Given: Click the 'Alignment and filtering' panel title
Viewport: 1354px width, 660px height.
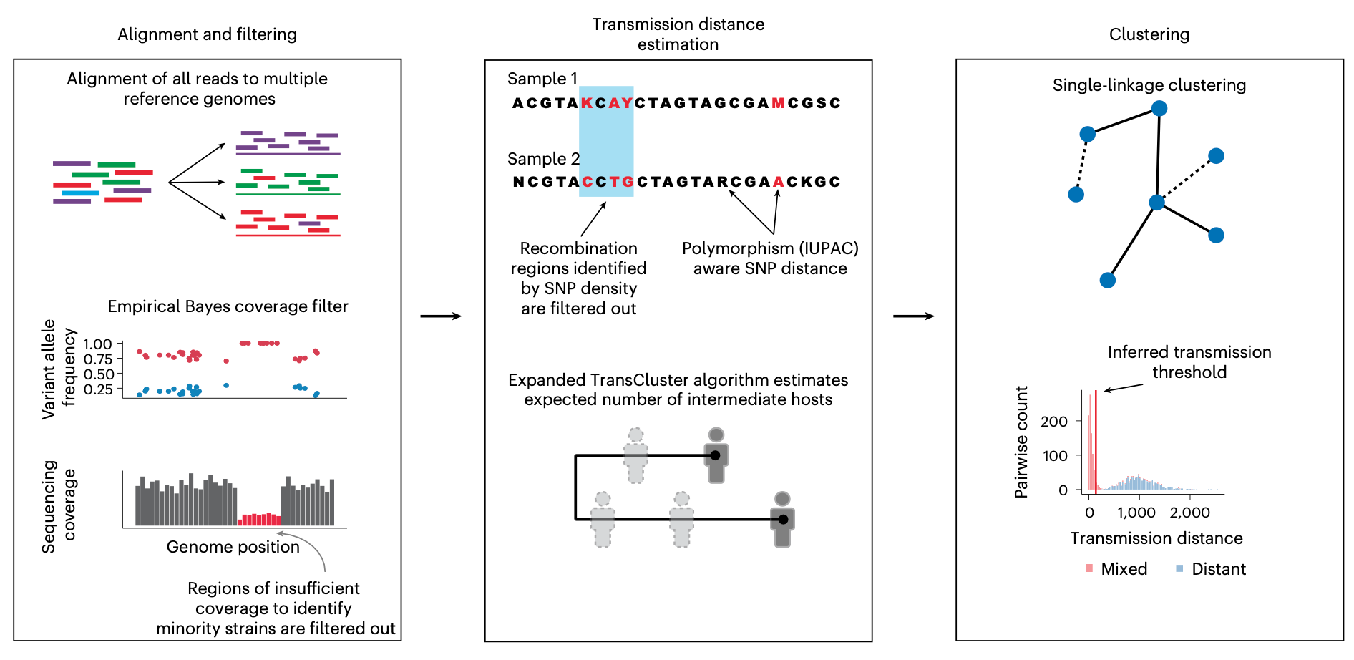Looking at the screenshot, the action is coord(207,34).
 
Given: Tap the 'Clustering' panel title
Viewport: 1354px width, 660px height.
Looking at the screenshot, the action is coord(1149,34).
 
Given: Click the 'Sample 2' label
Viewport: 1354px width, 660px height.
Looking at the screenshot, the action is coord(543,159).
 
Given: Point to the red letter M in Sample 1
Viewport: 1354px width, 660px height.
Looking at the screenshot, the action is coord(779,103).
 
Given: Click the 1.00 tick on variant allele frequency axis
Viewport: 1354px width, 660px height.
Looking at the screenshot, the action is coord(97,344).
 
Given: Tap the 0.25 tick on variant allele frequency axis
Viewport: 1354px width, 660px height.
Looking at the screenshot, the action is coord(98,389).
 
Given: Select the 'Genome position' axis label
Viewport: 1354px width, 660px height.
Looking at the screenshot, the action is coord(233,547).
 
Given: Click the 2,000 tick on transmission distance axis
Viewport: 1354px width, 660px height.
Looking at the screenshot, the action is coord(1190,513).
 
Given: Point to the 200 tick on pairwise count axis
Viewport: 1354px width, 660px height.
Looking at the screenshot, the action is coord(1054,422).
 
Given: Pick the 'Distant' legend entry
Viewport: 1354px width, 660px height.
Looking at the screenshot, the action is coord(1211,569).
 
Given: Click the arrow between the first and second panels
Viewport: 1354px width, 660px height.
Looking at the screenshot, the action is coord(441,316).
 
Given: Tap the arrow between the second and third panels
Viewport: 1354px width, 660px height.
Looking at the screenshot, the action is coord(914,316).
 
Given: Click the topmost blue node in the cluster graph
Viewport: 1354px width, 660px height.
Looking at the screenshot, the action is coord(1159,108).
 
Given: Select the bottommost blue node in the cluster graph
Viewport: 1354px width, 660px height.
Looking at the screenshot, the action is coord(1108,280).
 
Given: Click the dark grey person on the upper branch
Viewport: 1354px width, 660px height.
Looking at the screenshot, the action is coord(716,455).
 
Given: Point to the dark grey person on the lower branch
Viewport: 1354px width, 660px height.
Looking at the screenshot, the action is coord(783,520).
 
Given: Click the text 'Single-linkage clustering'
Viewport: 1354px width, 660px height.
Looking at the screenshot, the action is coord(1149,85).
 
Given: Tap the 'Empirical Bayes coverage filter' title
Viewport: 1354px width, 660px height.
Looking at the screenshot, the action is coord(228,306).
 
